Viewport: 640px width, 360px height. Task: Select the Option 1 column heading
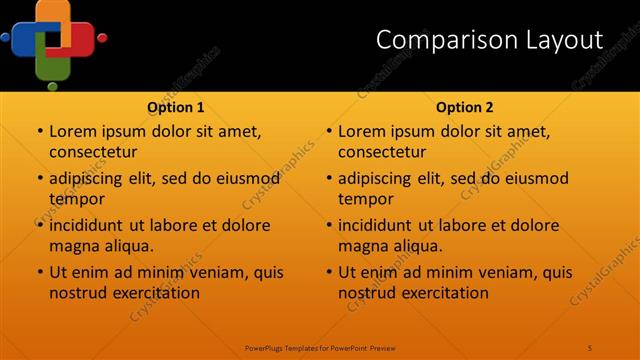176,107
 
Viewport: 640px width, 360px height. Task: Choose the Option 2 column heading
465,107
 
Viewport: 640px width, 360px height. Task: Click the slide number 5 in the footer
590,347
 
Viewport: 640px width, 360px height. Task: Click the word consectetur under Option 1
93,152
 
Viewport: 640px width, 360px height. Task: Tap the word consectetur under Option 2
382,152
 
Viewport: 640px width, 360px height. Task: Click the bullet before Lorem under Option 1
40,132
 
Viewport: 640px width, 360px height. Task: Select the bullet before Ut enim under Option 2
329,272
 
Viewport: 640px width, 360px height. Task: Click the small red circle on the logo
102,38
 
